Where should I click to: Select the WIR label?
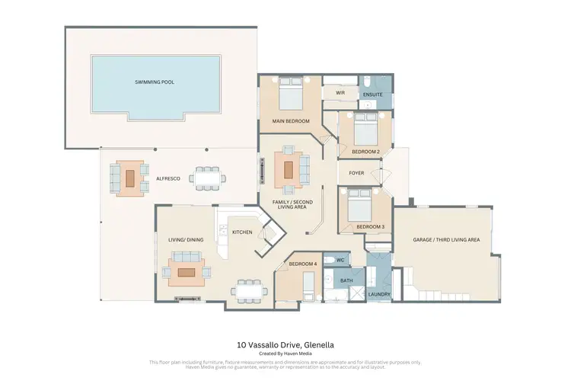(x=340, y=92)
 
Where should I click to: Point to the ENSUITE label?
(x=373, y=94)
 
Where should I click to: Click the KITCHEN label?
(x=242, y=232)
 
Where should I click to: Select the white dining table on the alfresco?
(x=208, y=178)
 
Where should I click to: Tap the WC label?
(x=340, y=261)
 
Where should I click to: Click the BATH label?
(x=346, y=280)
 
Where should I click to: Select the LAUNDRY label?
(x=378, y=293)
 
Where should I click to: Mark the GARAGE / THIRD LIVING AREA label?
(x=446, y=240)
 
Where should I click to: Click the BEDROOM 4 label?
(x=302, y=264)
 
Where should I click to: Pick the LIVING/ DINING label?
(x=186, y=240)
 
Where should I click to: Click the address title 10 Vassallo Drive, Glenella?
(x=285, y=345)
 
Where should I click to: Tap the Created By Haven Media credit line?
(x=285, y=354)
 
